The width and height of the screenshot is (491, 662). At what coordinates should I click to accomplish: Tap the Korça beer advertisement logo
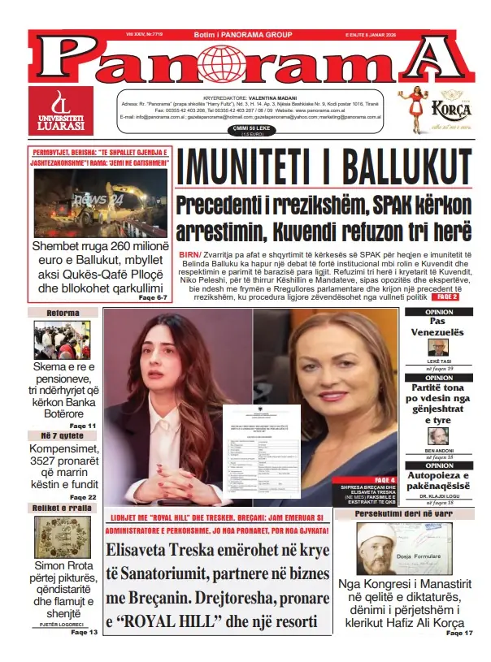point(438,110)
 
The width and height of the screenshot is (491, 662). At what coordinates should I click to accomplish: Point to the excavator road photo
point(100,202)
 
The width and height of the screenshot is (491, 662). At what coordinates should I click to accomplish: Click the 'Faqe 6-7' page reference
point(153,298)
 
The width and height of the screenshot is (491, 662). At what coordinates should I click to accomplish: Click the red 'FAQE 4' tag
point(385,479)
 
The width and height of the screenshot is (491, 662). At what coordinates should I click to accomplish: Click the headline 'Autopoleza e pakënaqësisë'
point(439,480)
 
